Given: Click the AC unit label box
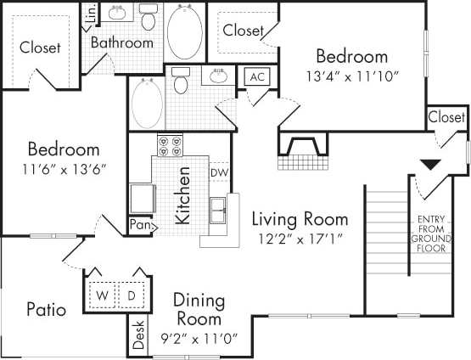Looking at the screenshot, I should (x=257, y=77).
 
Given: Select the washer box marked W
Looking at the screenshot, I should (x=103, y=295).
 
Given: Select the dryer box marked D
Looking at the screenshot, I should (x=132, y=295).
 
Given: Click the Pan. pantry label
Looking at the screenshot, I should (x=140, y=225).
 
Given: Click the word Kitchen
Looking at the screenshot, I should (x=182, y=195).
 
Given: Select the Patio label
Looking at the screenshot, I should (x=45, y=309).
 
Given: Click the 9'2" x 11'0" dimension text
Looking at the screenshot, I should (x=198, y=337).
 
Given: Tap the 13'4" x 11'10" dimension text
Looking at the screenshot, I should (x=351, y=75).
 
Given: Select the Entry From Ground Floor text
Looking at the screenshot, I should (x=431, y=235).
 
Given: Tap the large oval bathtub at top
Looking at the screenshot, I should (x=184, y=31).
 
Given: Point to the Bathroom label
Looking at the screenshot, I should (x=122, y=42).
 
